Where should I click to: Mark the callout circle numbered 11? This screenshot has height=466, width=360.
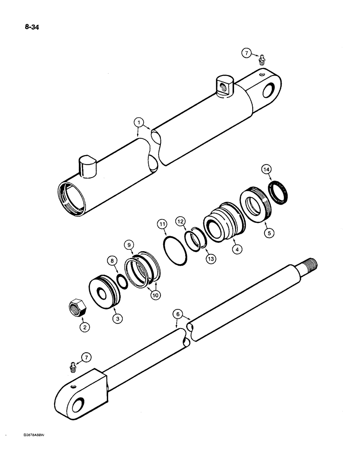click(x=162, y=225)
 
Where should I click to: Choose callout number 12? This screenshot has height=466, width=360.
click(x=180, y=220)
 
